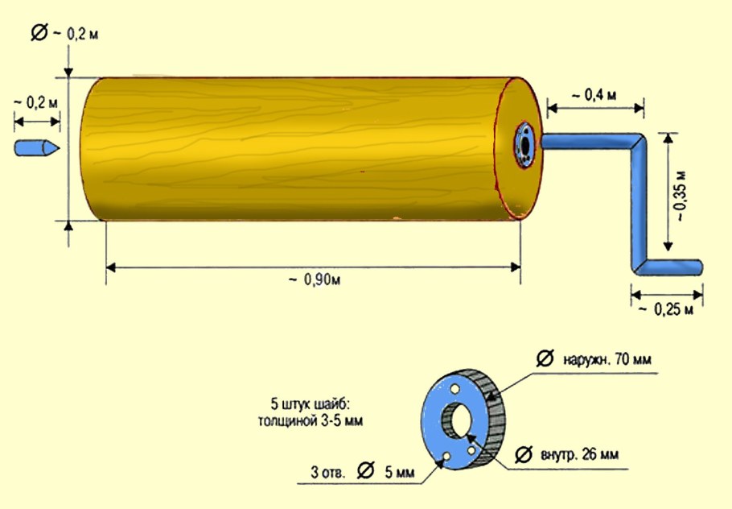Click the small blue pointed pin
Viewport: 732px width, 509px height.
(37, 148)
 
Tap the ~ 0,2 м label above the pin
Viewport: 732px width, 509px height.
(37, 102)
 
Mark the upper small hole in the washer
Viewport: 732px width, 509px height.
(456, 389)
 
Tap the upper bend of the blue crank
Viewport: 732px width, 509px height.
(641, 143)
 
